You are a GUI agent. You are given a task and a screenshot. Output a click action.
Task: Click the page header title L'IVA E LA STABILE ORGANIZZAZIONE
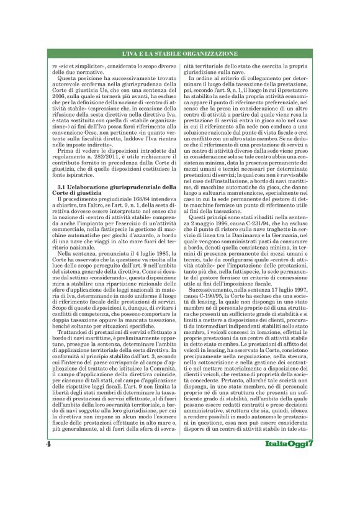tap(180, 55)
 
